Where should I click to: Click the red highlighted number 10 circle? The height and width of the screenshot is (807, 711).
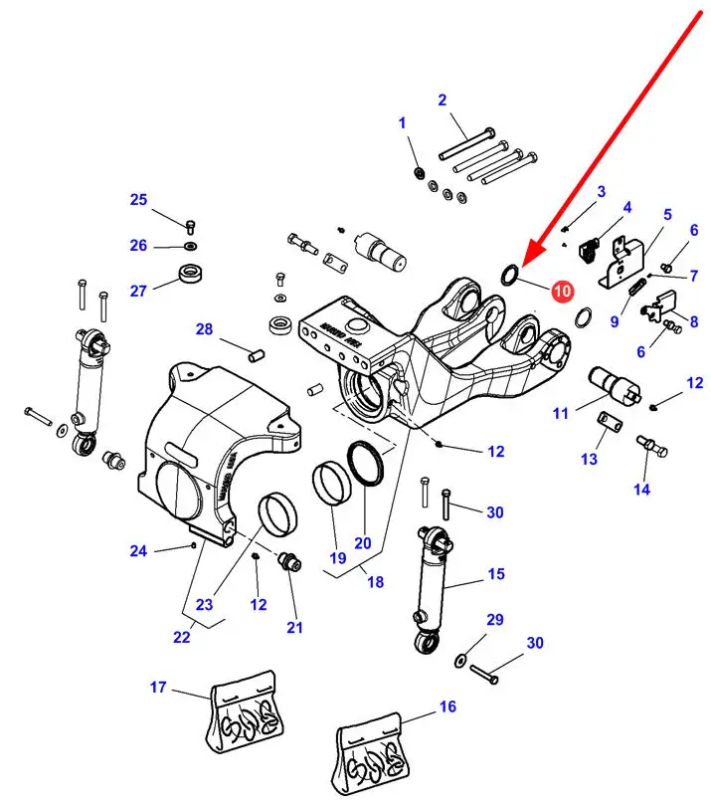coord(562,291)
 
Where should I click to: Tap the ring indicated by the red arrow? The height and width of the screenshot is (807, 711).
coord(510,274)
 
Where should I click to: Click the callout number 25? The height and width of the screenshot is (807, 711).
coord(138,199)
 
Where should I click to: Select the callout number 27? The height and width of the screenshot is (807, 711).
coord(138,291)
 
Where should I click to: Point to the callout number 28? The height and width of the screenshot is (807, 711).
coord(204,329)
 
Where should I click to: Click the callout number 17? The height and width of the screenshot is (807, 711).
coord(158,687)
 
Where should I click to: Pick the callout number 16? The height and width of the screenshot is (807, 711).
coord(447,706)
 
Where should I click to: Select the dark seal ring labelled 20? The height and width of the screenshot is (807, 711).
coord(366,462)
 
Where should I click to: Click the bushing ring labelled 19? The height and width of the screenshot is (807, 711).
coord(332,484)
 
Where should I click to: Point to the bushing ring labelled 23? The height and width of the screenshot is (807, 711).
coord(277,513)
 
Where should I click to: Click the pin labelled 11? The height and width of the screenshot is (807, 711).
coord(615,386)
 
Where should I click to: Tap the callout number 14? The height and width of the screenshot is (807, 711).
coord(641,489)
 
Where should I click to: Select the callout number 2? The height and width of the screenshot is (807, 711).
coord(442,100)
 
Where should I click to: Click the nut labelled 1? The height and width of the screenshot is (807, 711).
coord(420,172)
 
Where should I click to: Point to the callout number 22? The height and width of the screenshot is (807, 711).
coord(182,637)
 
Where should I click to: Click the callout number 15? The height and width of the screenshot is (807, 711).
coord(496,573)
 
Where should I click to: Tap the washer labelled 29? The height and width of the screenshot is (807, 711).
coord(460,661)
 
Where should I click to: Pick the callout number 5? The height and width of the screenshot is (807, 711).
coord(667,214)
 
